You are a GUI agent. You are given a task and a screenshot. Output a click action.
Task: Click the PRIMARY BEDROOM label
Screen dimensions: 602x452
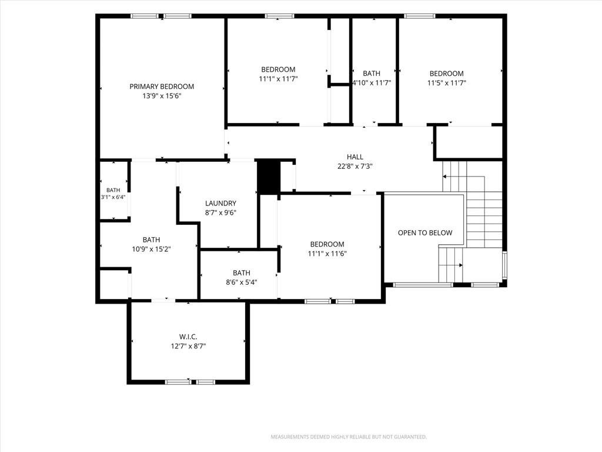162,87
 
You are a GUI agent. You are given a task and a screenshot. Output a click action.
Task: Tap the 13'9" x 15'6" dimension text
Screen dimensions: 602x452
162,96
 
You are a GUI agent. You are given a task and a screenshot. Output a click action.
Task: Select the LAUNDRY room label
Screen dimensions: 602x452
220,203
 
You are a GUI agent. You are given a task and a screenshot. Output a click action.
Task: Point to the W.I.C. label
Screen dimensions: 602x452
188,337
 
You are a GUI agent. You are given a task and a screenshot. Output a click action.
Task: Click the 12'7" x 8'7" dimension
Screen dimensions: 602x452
188,346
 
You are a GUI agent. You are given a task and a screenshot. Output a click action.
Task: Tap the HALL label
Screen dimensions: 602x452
354,157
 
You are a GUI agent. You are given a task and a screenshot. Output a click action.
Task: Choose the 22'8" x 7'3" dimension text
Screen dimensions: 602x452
354,167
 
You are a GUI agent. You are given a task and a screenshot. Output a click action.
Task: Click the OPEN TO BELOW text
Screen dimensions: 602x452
425,233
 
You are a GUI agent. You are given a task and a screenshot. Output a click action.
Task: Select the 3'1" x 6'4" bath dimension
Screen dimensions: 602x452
113,197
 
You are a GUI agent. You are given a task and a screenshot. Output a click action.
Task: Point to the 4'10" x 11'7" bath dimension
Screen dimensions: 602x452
372,82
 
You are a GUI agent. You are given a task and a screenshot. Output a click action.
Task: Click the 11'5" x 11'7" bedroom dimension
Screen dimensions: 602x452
447,83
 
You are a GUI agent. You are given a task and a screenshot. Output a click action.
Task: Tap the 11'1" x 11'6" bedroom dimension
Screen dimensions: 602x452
327,254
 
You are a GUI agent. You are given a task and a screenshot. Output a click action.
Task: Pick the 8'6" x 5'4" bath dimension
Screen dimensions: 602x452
242,282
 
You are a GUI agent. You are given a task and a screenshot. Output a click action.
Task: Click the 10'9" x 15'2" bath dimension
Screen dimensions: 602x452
151,249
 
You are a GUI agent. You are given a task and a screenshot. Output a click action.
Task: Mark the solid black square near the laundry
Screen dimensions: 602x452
268,176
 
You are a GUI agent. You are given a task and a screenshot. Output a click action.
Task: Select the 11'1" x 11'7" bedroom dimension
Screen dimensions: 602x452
278,79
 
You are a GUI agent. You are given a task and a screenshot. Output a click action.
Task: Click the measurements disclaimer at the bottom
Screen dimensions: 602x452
349,437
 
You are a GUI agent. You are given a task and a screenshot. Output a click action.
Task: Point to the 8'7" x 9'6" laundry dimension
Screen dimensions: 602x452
220,213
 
